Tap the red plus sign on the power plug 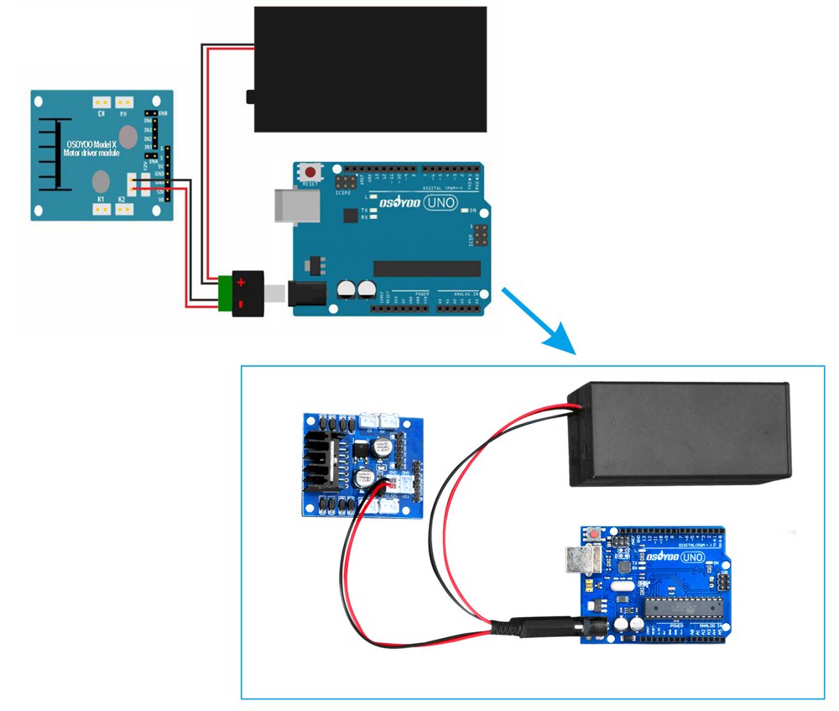[240, 284]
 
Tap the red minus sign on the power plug [240, 303]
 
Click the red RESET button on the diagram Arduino [312, 170]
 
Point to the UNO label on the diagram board [440, 202]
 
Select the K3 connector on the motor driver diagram [101, 101]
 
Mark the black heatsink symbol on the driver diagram [51, 154]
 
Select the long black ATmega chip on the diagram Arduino [427, 269]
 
